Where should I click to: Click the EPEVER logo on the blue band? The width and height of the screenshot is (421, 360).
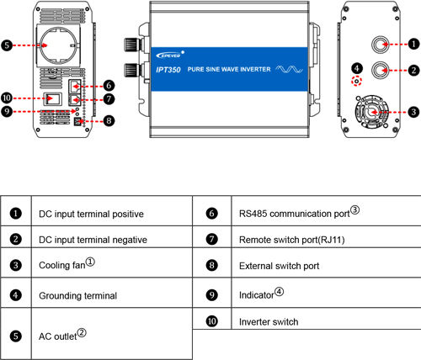coord(169,55)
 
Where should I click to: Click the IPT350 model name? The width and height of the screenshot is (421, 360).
coord(168,70)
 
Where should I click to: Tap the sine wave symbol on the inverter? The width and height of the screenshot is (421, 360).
coord(290,69)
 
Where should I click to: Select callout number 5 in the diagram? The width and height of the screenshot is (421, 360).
coord(7,45)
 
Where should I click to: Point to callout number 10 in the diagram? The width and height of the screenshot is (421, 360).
coord(7,98)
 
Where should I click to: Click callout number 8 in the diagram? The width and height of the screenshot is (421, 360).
coord(109,121)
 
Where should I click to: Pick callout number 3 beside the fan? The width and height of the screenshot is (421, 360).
coord(413,112)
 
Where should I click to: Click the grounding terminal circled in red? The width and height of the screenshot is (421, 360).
coord(357,82)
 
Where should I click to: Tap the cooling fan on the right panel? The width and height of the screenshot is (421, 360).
coord(372,112)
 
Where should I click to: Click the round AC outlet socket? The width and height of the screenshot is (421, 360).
coord(58,45)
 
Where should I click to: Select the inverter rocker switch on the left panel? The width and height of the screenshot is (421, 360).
coord(52,98)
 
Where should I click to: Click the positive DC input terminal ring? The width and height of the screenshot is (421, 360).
coord(380,45)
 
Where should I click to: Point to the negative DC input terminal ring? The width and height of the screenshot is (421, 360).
coord(380,70)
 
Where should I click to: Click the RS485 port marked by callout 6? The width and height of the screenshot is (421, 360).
coord(75,86)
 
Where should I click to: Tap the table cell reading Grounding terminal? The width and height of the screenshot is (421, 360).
coord(78,296)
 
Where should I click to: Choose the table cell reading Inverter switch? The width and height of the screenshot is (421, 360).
coord(269,322)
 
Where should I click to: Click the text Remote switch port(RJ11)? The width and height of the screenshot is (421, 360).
coord(292,240)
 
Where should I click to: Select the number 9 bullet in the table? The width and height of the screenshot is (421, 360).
coord(212,295)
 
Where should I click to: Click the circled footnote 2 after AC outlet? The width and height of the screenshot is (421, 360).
coord(82,333)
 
